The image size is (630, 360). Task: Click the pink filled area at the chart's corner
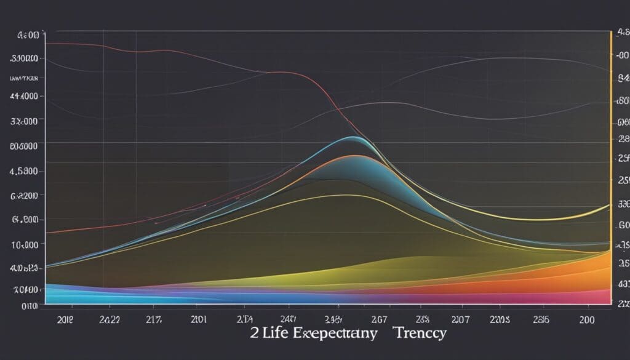(x=600, y=297)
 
